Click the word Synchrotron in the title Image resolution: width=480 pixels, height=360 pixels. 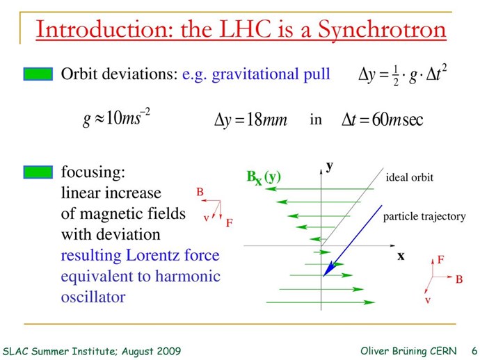382,31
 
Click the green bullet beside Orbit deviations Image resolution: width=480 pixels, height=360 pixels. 38,74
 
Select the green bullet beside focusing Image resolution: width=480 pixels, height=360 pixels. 38,172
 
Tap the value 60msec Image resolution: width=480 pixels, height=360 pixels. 398,120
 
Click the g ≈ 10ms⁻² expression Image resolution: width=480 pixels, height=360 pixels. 117,117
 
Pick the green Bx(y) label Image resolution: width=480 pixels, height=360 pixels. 264,177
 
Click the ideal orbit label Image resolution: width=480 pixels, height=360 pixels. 410,177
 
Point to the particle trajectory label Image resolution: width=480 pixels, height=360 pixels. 424,217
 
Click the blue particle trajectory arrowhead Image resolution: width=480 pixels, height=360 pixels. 328,270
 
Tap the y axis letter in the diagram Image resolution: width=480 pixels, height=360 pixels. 329,167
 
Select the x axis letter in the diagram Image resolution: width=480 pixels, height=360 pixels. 401,256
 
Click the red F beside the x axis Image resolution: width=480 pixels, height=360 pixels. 440,260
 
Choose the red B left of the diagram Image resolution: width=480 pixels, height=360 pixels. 200,192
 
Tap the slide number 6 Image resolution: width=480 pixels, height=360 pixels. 474,351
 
